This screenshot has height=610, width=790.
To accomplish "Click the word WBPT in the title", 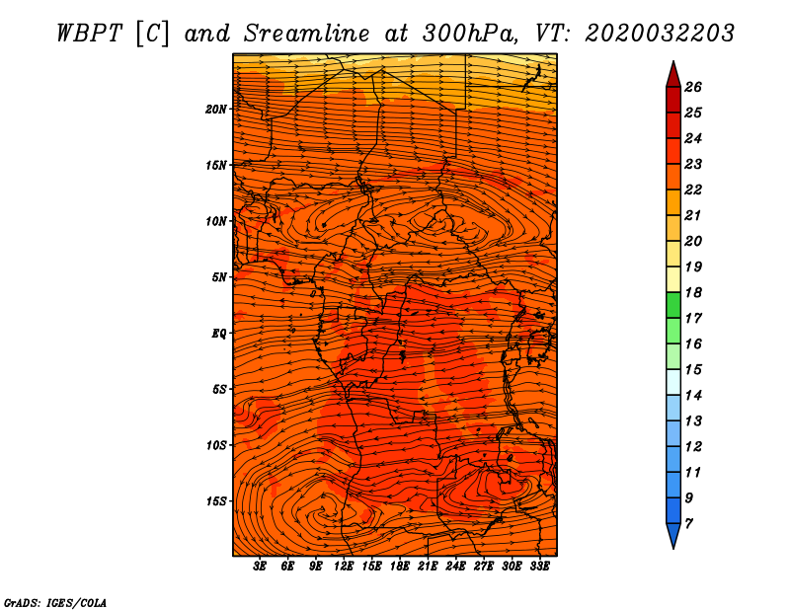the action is coord(89,34).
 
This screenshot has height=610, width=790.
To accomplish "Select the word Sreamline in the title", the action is coord(307,34).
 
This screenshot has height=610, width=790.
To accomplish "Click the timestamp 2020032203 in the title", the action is coord(660,34).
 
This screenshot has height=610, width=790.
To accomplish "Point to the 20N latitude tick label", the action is coord(215,110).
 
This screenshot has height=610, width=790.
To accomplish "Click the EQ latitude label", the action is coord(219,334).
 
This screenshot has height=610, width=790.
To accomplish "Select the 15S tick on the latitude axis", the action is coord(215,501).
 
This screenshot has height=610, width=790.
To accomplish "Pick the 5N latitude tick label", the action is coord(219,277).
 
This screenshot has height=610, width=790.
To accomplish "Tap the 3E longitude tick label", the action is coord(260,567).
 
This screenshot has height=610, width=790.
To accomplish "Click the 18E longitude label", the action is coord(400,567).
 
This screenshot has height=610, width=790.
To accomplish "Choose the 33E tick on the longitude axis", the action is coord(539,567).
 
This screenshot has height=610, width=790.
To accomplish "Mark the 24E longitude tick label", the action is coord(455,567).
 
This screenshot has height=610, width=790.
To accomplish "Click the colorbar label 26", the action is coord(693,87).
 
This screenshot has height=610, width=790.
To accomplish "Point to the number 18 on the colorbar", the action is coord(693,292).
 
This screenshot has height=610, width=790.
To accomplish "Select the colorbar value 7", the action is coord(688,524).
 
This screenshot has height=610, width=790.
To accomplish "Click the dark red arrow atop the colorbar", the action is coord(673,75).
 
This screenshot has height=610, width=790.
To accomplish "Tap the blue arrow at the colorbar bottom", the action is coord(673,535).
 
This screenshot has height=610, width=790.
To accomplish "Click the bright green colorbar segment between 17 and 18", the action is coord(673,305).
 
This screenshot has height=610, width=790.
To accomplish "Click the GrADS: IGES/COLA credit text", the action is coord(55,602).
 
